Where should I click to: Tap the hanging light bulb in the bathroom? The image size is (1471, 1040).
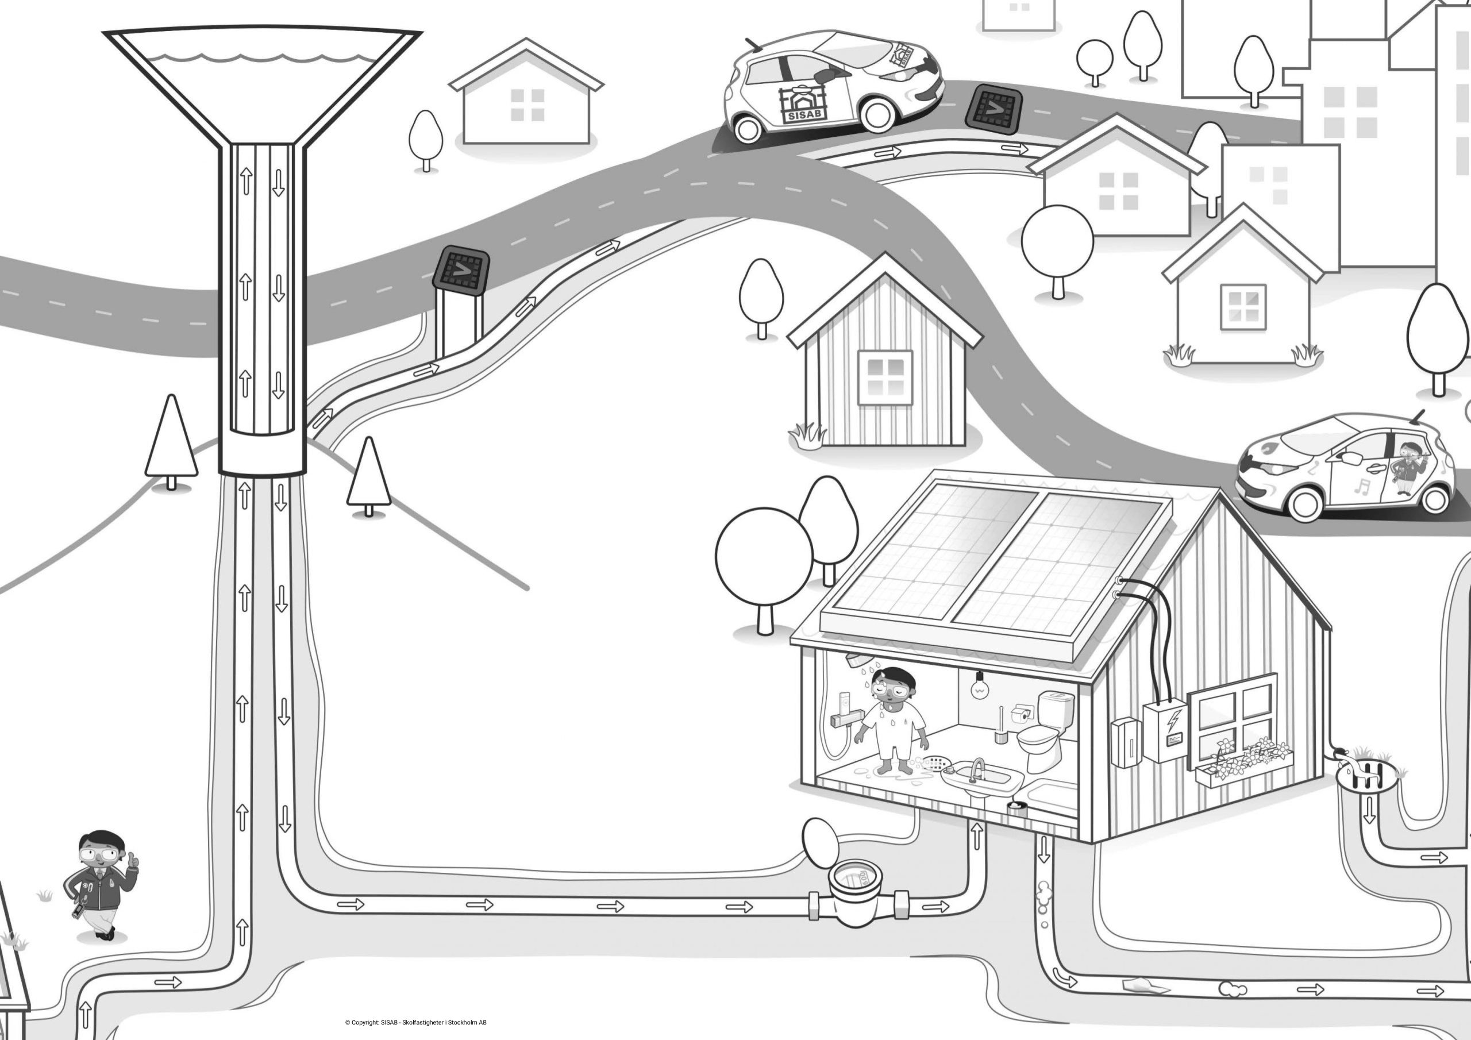click(979, 684)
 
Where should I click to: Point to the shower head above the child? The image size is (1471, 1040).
click(854, 660)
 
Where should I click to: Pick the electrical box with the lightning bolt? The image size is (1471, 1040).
click(1165, 730)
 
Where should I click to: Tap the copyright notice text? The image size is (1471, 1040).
click(415, 1023)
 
